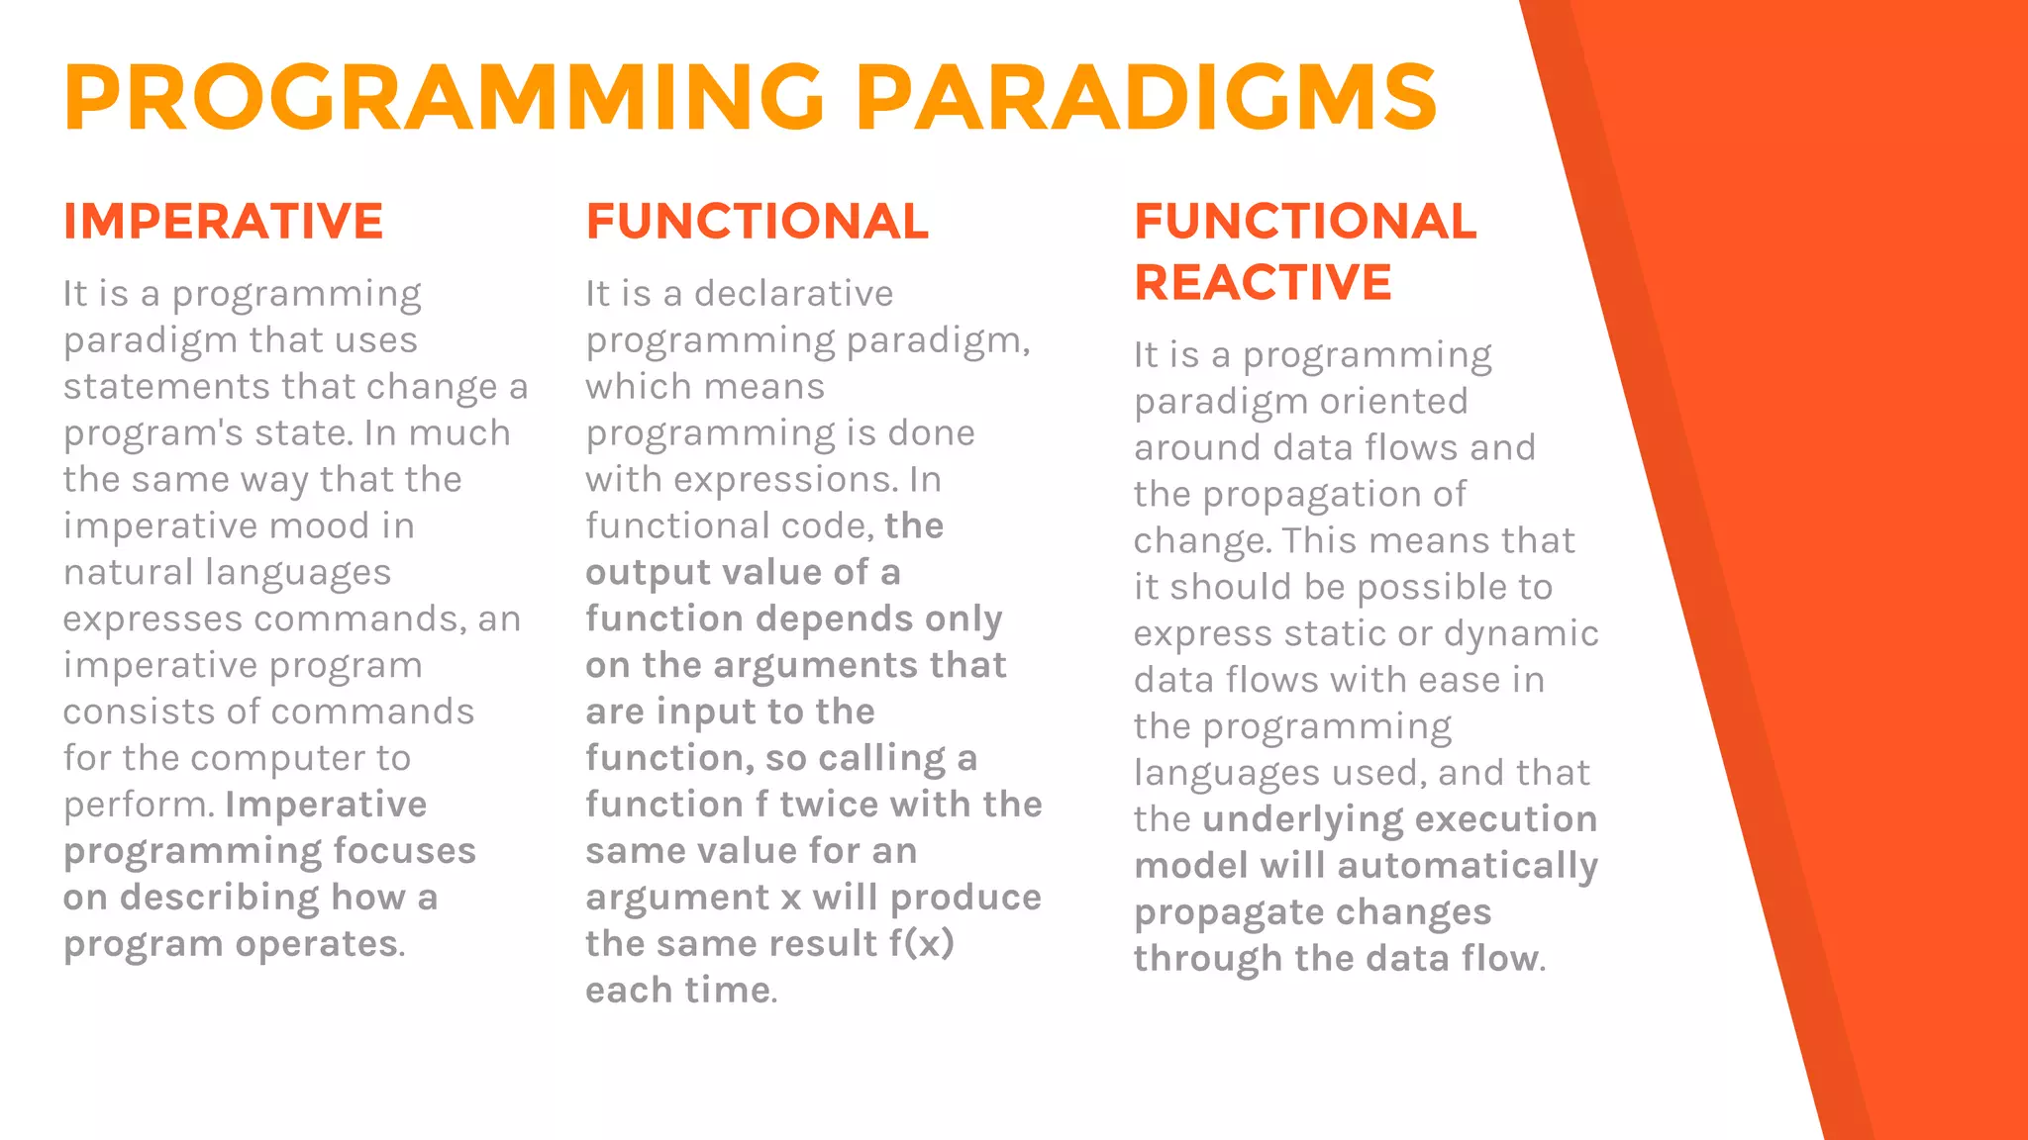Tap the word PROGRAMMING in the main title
[x=445, y=97]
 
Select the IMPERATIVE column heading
[x=224, y=221]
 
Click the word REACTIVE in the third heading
[x=1263, y=282]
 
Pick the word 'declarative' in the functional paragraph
[x=793, y=294]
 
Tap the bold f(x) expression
[x=921, y=943]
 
